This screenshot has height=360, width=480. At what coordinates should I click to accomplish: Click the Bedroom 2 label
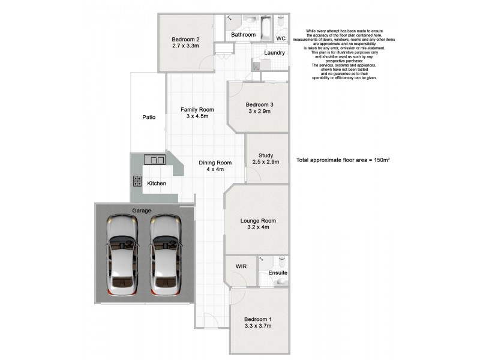coord(185,40)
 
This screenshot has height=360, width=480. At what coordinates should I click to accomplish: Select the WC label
coord(280,38)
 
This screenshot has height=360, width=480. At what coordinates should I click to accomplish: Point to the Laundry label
coord(274,53)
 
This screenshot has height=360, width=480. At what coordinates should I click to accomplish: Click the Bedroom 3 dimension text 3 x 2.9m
coord(259,111)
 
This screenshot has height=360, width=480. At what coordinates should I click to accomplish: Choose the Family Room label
coord(197,109)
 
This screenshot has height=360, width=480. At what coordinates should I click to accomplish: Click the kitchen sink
coord(155,160)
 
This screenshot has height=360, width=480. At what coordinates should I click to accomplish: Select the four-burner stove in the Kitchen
coord(137,181)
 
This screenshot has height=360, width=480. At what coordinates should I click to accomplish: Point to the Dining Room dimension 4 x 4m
coord(215,169)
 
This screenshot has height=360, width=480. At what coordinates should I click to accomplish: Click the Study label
coord(266,155)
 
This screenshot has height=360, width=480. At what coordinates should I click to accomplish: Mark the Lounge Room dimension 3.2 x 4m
coord(259,227)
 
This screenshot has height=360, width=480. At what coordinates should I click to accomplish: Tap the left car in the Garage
coord(122,255)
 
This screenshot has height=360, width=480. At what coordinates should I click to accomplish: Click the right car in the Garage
coord(165,255)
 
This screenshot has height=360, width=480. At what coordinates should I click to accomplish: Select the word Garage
coord(142,211)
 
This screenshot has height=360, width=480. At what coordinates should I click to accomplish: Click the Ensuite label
coord(278,273)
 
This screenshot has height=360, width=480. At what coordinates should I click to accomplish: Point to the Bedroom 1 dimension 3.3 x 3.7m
coord(258,326)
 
